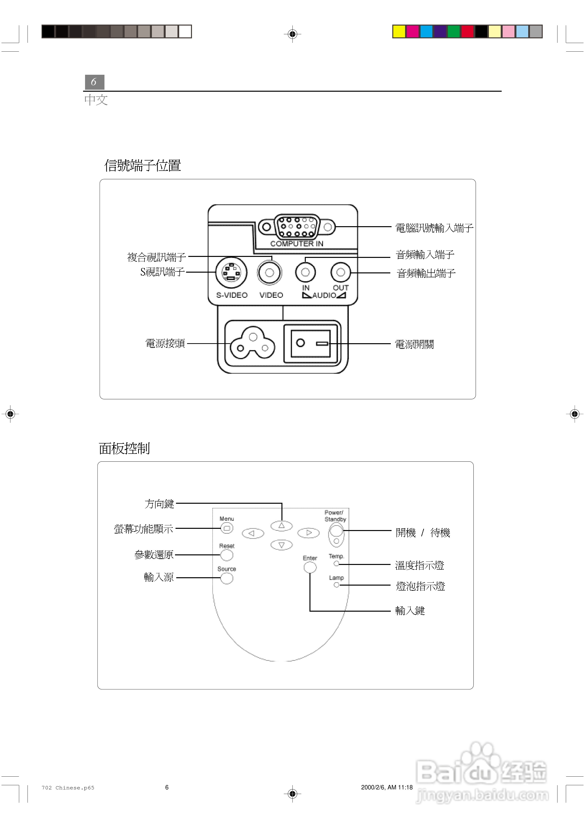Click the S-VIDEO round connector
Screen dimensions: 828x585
point(231,273)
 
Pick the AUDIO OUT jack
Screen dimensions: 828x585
point(340,272)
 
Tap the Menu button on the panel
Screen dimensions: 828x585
point(226,529)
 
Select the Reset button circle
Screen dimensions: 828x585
point(226,555)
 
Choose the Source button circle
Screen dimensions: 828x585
point(226,578)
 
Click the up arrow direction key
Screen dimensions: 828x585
point(281,526)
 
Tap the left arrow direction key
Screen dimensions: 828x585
point(253,533)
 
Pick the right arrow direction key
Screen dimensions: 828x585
point(308,533)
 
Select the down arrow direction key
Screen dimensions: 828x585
point(281,545)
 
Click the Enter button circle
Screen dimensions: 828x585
point(310,567)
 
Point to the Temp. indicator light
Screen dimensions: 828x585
point(336,563)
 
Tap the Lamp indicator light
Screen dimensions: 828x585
point(336,585)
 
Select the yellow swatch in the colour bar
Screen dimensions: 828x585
point(399,31)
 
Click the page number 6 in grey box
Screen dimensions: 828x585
point(94,82)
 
